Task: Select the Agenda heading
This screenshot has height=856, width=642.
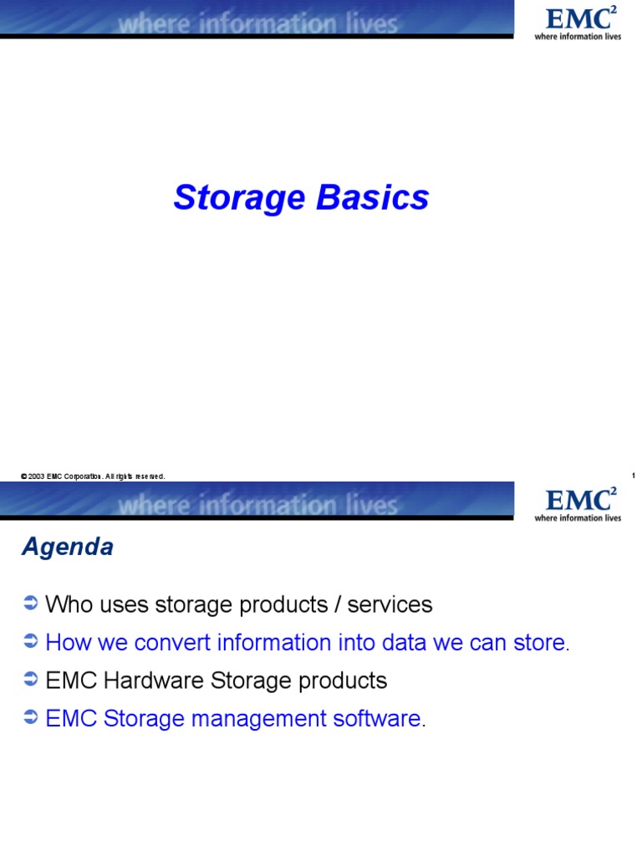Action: point(67,548)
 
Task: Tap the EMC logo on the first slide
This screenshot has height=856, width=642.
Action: point(578,23)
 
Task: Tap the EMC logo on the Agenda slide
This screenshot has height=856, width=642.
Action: point(578,504)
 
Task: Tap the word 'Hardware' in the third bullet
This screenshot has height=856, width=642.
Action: point(145,680)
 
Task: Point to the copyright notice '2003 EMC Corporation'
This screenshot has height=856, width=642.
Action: point(92,476)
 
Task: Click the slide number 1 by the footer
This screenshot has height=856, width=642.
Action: point(634,476)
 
